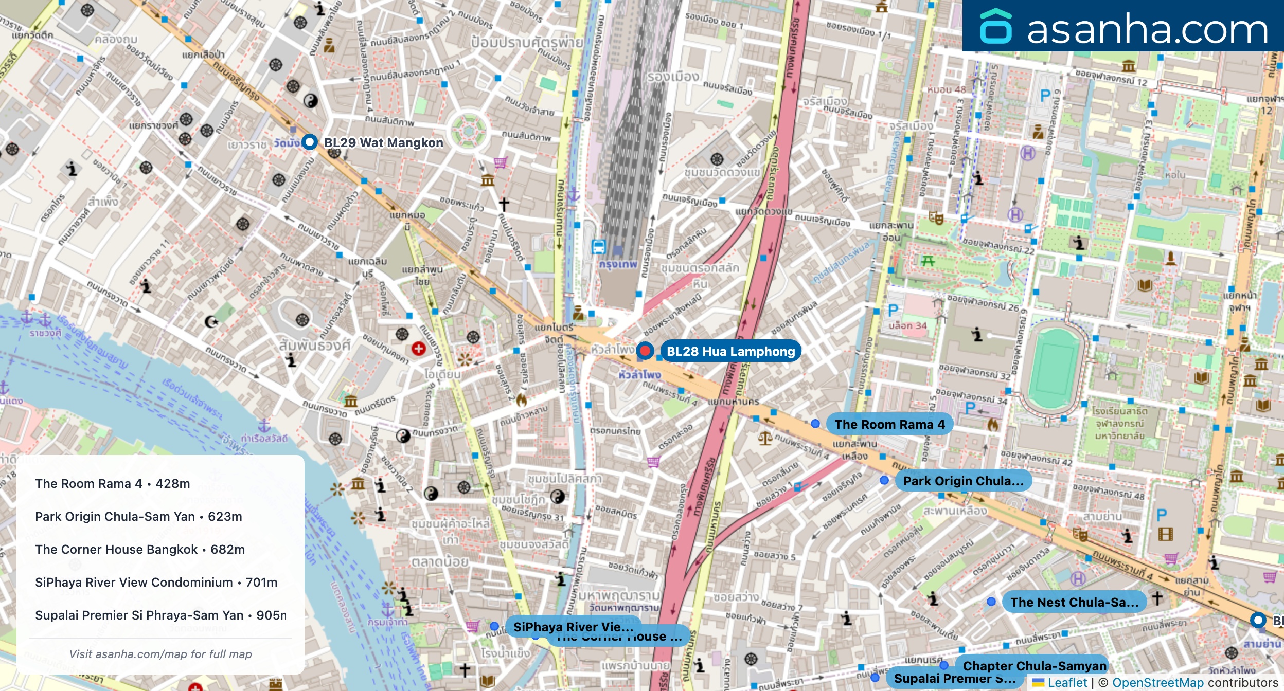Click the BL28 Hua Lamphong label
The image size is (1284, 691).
pos(730,351)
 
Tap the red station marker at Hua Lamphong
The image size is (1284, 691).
pos(645,351)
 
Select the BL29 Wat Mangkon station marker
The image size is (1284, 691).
pos(309,142)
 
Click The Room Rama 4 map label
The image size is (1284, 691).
pos(889,424)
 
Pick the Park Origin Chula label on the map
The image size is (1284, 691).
pos(963,481)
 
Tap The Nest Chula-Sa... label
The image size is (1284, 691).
pos(1074,602)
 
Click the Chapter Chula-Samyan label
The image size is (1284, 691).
pos(1034,665)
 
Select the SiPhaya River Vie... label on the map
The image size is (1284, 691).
pos(573,626)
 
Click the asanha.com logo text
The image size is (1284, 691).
pos(1147,29)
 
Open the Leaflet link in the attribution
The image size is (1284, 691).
pos(1067,682)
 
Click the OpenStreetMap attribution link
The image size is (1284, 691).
pos(1157,682)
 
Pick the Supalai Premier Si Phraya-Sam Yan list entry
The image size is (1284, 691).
pos(160,615)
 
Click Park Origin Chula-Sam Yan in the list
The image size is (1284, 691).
pos(138,516)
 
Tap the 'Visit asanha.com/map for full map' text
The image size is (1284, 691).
pos(160,654)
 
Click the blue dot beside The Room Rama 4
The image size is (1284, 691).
pos(815,424)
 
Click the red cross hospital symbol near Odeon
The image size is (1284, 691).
pos(418,349)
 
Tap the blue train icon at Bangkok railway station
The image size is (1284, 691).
pos(598,247)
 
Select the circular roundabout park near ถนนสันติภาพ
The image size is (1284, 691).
pos(468,130)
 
